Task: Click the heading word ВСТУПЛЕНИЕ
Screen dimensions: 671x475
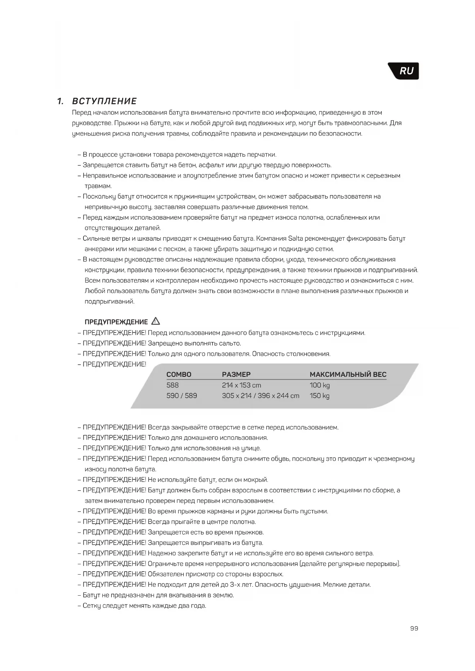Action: coord(104,101)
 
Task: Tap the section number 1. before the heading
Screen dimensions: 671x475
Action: coord(60,101)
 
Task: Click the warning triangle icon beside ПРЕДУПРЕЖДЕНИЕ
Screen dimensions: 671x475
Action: coord(156,321)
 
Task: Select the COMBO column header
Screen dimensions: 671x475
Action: coord(179,375)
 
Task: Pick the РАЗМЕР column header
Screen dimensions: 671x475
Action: coord(236,375)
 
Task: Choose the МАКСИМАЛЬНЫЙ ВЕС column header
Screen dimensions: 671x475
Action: coord(348,375)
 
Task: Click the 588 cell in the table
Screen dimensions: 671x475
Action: coord(173,385)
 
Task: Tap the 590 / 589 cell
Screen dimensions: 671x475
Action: coord(181,396)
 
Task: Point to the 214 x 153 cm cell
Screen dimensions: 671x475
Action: coord(241,385)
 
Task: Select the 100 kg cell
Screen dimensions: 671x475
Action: coord(320,385)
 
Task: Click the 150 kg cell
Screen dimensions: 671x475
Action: coord(320,396)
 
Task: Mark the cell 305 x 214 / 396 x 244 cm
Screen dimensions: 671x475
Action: coord(260,396)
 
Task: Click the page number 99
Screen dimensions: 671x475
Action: coord(414,629)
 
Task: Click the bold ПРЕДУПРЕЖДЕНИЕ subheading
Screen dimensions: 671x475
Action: coord(116,322)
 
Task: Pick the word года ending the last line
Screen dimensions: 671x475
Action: coord(198,606)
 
